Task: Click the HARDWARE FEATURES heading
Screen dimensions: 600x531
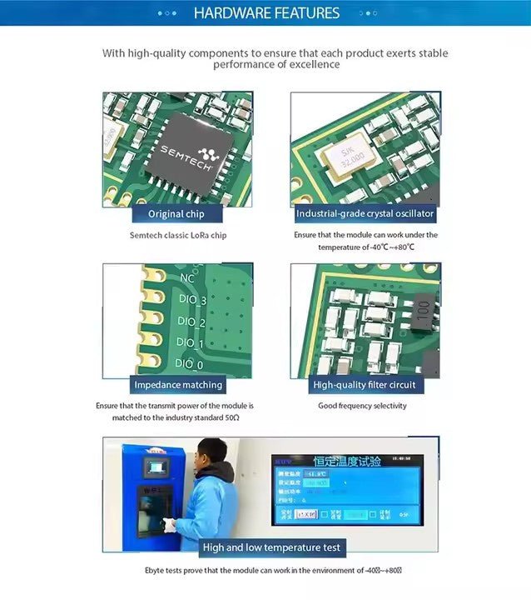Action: (x=266, y=12)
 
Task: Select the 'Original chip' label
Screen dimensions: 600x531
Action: (x=176, y=214)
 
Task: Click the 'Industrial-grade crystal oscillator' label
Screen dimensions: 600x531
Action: (x=365, y=214)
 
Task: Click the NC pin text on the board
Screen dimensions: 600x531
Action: (x=187, y=278)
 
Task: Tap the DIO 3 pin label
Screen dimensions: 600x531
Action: (x=192, y=300)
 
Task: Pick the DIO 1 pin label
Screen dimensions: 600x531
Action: (x=191, y=343)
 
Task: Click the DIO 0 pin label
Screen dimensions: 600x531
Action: (x=189, y=364)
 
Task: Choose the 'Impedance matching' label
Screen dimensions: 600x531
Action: (x=178, y=385)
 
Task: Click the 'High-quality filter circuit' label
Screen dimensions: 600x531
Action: (x=365, y=385)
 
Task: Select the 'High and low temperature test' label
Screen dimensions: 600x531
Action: (x=271, y=547)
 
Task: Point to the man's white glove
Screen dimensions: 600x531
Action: (x=171, y=525)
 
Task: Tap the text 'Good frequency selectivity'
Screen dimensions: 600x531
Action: (x=362, y=406)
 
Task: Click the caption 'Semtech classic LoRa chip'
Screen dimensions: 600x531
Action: (x=177, y=235)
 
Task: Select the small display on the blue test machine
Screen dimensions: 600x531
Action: (x=156, y=467)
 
